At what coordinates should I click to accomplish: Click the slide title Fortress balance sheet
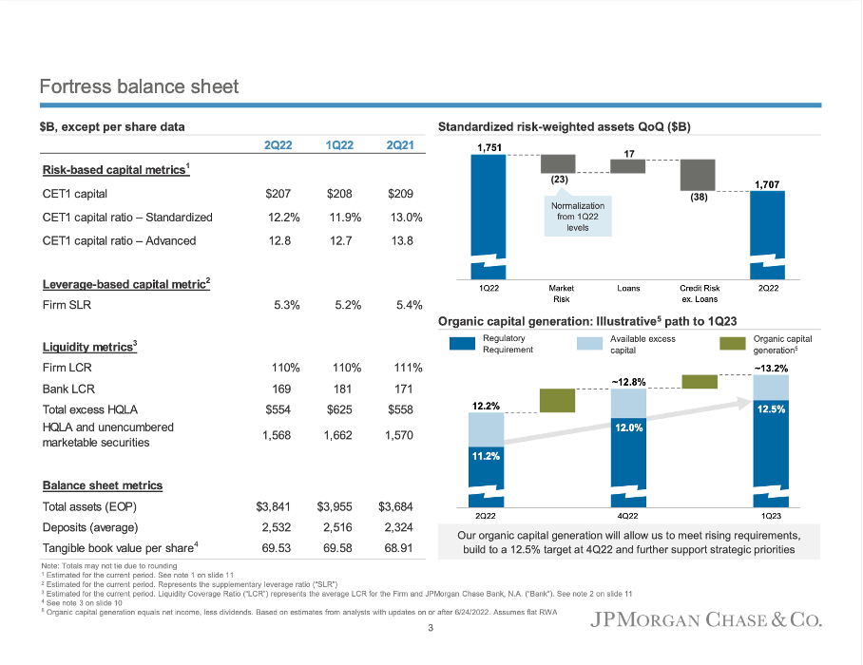139,86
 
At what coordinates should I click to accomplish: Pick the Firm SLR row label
67,305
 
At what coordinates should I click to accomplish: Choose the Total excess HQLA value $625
338,409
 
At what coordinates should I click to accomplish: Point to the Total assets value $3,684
399,506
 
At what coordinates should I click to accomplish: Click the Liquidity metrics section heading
89,347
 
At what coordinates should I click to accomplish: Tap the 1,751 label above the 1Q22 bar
489,147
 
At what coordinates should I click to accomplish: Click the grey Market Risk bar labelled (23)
560,163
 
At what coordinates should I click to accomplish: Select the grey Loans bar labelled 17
628,166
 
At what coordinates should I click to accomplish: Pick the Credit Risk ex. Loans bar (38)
697,175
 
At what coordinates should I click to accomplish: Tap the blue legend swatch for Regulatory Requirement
461,343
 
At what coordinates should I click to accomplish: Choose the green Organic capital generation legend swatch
732,343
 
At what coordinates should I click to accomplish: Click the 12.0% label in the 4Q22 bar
628,428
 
